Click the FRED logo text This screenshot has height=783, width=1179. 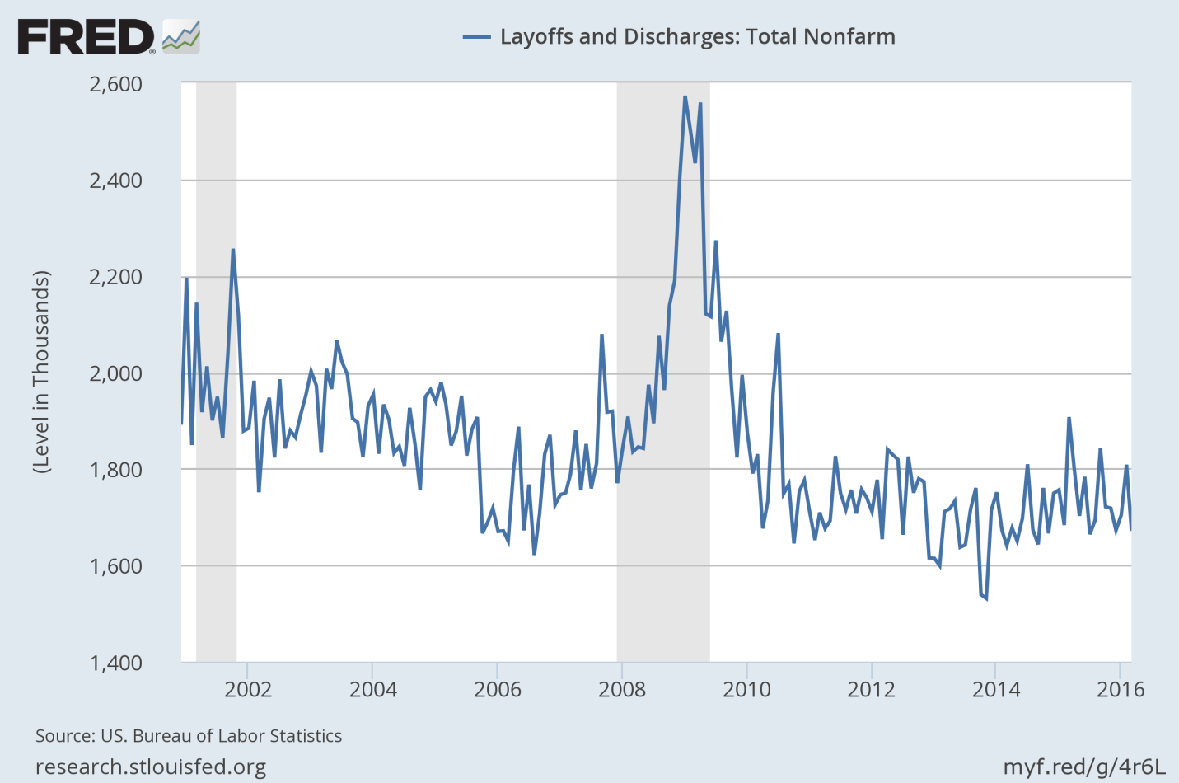[x=86, y=37]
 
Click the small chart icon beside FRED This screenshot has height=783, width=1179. [x=181, y=37]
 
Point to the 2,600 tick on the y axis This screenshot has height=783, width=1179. [x=115, y=84]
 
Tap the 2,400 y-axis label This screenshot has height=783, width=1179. [x=115, y=181]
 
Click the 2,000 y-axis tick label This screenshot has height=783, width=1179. [x=115, y=373]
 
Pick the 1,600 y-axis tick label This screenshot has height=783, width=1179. [x=115, y=566]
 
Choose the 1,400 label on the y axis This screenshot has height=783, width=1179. [x=115, y=663]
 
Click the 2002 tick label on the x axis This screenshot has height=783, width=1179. [x=248, y=689]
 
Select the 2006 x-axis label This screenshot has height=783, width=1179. [x=498, y=689]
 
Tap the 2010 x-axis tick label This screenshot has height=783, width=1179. [x=746, y=689]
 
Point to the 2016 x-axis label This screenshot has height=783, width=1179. [x=1121, y=689]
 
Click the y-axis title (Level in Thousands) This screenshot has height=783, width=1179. [x=41, y=372]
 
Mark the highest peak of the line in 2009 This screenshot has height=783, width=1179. [x=685, y=97]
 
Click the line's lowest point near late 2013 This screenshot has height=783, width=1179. [x=985, y=598]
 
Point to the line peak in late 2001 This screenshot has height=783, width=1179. [x=233, y=250]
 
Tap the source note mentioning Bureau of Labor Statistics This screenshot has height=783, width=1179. [x=189, y=736]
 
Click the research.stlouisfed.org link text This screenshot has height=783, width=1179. [x=151, y=767]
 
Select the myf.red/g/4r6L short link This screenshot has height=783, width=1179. [x=1084, y=767]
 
